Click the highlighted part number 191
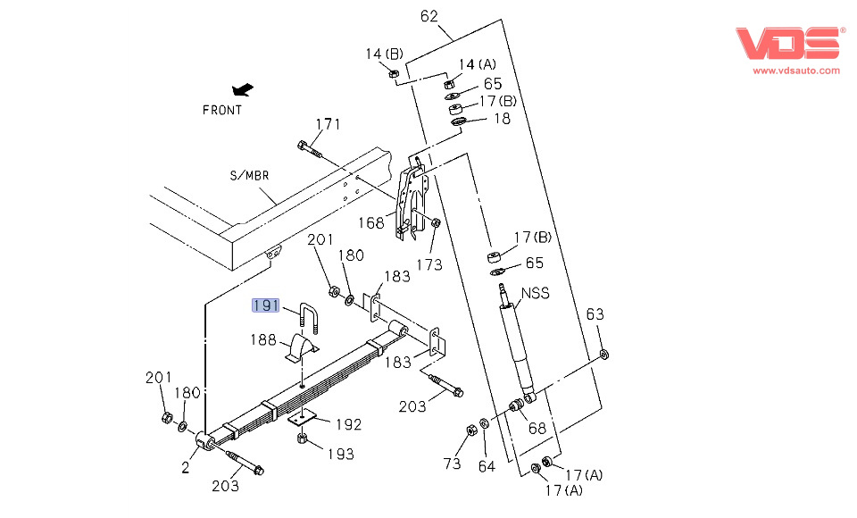(x=266, y=305)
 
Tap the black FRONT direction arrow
(x=243, y=89)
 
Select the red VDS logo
(x=787, y=43)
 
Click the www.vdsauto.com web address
(x=795, y=71)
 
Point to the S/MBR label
(x=249, y=176)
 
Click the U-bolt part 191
(x=308, y=317)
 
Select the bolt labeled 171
(x=310, y=149)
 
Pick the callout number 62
(x=429, y=16)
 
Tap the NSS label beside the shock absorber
(x=535, y=293)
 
